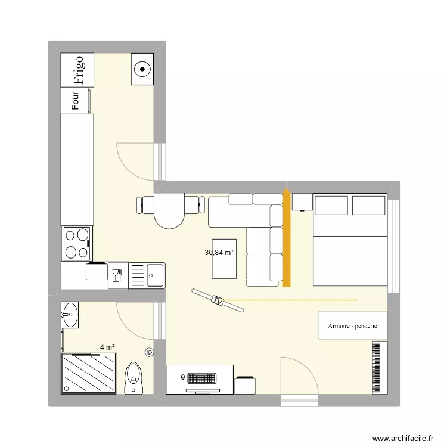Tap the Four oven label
(76, 100)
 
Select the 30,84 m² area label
(219, 253)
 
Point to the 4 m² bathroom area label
(107, 347)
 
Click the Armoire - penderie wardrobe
(352, 326)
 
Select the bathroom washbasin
(70, 314)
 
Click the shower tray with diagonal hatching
(89, 372)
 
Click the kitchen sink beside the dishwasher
(148, 275)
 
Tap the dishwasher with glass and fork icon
(117, 275)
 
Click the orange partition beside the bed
(287, 238)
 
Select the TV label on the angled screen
(218, 302)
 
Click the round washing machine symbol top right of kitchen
(142, 69)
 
